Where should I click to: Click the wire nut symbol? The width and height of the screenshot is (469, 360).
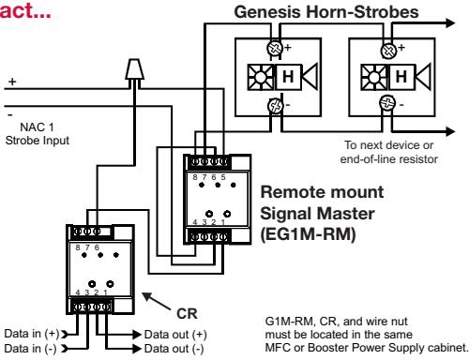point(135,69)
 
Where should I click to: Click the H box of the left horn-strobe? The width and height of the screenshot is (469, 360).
point(288,77)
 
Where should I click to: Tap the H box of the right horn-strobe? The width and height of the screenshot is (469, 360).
point(401,77)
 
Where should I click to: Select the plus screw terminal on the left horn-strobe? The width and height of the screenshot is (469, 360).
point(275,48)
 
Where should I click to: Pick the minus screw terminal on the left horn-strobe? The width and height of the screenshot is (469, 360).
point(275,106)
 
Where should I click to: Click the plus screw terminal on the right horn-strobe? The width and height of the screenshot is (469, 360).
point(388,51)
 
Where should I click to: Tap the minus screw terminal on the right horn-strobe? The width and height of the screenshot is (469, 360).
point(387,103)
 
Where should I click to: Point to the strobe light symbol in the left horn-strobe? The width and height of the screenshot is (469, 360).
point(261,77)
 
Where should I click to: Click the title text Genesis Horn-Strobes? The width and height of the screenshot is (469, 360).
point(326,12)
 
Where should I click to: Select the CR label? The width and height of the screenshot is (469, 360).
point(187,314)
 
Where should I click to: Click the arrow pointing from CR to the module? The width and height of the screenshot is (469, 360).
point(157,301)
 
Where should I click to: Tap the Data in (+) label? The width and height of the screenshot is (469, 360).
point(32,334)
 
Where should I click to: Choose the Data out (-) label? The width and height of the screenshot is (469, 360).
point(174,349)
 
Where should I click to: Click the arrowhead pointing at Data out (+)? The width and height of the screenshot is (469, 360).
point(137,335)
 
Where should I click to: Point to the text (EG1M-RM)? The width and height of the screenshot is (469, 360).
point(309,234)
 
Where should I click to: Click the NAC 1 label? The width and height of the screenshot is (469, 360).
point(37,127)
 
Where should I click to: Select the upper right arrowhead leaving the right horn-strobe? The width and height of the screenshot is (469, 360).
point(449,23)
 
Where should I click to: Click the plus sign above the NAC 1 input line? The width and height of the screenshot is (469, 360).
point(12,82)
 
